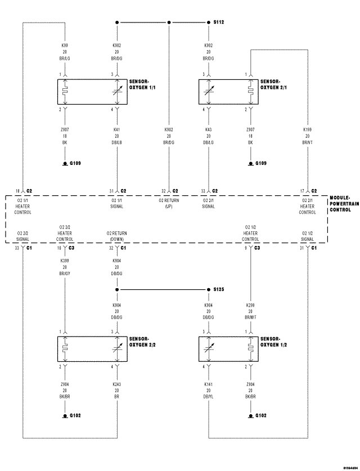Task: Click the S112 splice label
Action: click(x=219, y=23)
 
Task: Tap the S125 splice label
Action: click(x=219, y=289)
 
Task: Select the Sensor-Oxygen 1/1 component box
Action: click(x=92, y=92)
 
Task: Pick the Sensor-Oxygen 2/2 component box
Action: click(x=92, y=349)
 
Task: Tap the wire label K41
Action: click(x=117, y=129)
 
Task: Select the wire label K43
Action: click(x=209, y=129)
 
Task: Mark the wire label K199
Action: click(x=307, y=129)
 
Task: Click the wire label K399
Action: click(x=65, y=261)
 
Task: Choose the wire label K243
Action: click(x=117, y=385)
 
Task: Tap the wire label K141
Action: click(x=209, y=385)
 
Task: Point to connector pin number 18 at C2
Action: click(x=17, y=191)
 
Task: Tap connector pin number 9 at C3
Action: click(x=245, y=248)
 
